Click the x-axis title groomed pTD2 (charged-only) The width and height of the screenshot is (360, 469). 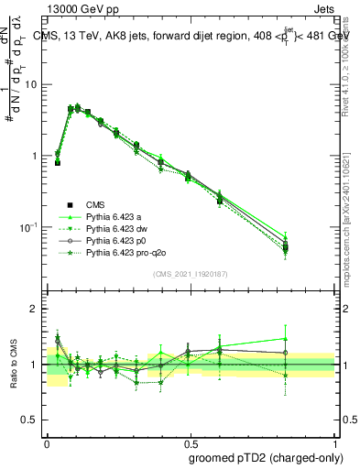[x=265, y=457]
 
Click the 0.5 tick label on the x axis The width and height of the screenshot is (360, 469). [x=190, y=442]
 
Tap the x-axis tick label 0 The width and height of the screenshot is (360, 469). [x=47, y=442]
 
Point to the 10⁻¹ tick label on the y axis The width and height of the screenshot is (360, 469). [x=27, y=227]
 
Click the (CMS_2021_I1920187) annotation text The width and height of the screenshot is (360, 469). [x=190, y=274]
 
